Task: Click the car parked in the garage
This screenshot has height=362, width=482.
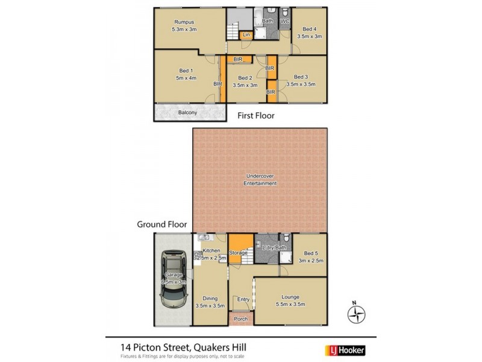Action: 172,279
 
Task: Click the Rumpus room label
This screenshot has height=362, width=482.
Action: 183,22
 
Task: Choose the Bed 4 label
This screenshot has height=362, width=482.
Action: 310,29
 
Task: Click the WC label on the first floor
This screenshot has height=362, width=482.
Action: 285,22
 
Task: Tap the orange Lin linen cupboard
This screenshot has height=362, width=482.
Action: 246,36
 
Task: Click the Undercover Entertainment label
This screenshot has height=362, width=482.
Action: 260,179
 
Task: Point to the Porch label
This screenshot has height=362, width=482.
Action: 241,320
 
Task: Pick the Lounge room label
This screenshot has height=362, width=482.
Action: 290,296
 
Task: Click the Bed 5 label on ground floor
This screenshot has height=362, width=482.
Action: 310,253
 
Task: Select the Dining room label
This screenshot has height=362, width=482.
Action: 210,298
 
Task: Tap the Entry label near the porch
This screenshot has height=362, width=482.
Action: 243,299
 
